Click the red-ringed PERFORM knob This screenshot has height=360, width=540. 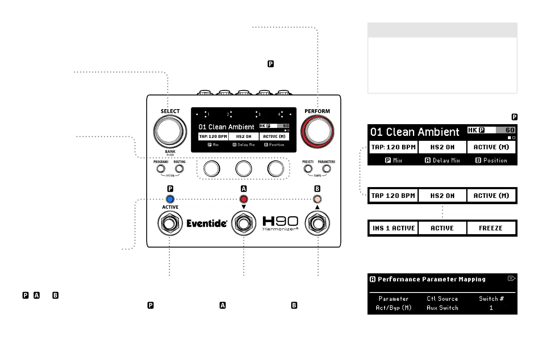[317, 130]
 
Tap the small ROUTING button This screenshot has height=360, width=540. [179, 169]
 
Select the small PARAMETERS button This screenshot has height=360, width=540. [326, 169]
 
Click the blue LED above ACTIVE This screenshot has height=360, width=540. [170, 199]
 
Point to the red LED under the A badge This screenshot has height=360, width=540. [244, 199]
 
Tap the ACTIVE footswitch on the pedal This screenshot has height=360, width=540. [170, 224]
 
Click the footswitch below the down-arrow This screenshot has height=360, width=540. [244, 224]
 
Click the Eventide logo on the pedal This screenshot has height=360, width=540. [207, 224]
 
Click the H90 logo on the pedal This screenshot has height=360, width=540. [281, 222]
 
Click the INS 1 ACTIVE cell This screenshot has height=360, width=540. [393, 228]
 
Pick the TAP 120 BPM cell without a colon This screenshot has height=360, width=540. [393, 195]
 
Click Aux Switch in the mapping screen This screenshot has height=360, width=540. [442, 307]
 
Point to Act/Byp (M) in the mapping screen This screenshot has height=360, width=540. [393, 307]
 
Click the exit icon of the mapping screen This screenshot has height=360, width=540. [512, 278]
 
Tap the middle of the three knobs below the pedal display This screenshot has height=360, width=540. [244, 168]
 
